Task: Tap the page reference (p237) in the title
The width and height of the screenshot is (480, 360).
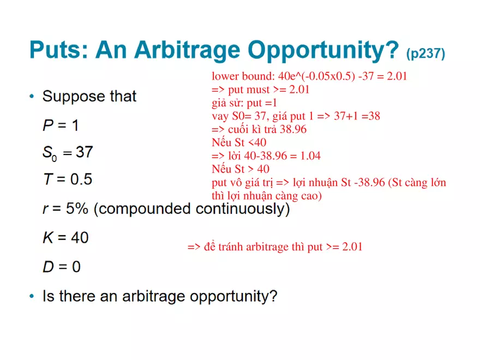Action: (x=425, y=53)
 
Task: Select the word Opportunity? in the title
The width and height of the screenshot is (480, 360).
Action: (x=324, y=51)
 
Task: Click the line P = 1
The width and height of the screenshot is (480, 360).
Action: (x=61, y=125)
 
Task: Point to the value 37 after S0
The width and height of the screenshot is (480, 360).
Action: (x=84, y=152)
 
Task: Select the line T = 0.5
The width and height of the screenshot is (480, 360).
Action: (x=67, y=179)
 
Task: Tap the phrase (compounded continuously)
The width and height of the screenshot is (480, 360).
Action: (x=191, y=209)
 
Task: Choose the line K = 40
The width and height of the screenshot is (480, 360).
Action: (x=65, y=238)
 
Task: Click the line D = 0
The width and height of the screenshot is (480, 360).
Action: (x=62, y=267)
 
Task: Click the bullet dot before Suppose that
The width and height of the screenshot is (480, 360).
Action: (x=32, y=97)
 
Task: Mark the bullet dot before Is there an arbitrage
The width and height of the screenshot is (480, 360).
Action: (x=32, y=297)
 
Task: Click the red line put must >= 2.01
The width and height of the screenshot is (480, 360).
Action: (x=260, y=89)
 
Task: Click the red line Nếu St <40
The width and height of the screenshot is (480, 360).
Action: (x=239, y=142)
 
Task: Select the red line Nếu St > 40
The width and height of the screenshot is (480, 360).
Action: (x=241, y=169)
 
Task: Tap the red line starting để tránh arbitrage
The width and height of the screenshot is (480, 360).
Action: (x=275, y=247)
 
